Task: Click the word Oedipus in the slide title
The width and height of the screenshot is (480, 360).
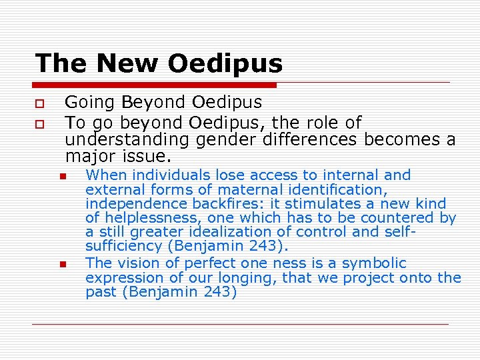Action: [225, 64]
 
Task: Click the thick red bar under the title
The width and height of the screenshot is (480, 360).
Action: [155, 85]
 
